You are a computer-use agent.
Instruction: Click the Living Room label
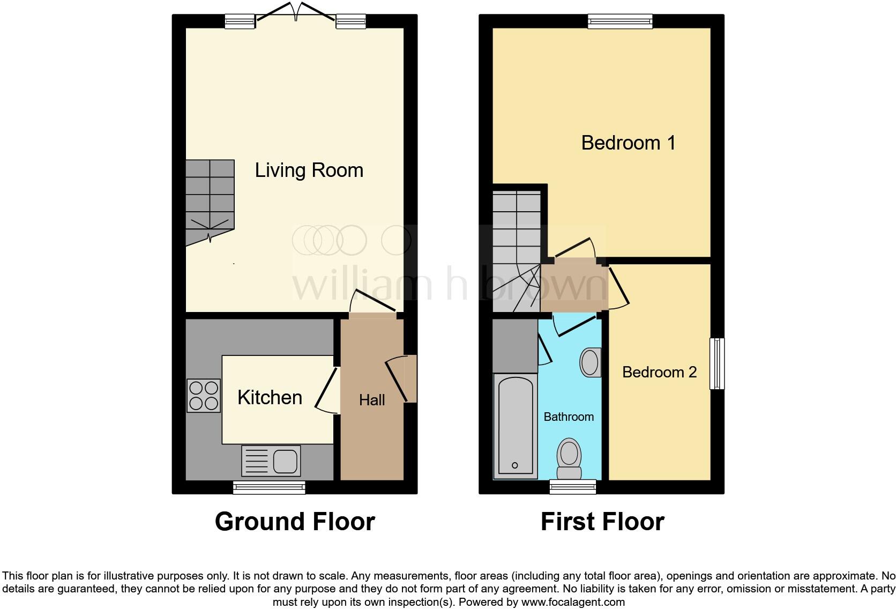point(309,170)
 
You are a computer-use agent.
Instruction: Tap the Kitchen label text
point(270,398)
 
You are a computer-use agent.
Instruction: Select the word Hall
point(372,400)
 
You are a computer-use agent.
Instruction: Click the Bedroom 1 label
point(628,143)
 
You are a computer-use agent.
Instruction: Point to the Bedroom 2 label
point(659,372)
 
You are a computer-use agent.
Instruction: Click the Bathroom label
point(569,417)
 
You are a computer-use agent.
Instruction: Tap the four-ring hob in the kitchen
point(204,396)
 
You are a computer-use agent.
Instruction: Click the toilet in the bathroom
point(569,459)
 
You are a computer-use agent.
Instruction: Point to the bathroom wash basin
point(590,362)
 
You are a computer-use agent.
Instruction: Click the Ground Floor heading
point(295,522)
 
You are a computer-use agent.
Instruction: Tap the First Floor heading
point(602,522)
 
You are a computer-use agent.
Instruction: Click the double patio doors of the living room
point(295,12)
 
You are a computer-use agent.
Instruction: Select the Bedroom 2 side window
point(717,363)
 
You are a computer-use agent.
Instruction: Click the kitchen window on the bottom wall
point(269,487)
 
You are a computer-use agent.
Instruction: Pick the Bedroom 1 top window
point(620,21)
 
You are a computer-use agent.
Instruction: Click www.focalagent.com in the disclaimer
point(572,602)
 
